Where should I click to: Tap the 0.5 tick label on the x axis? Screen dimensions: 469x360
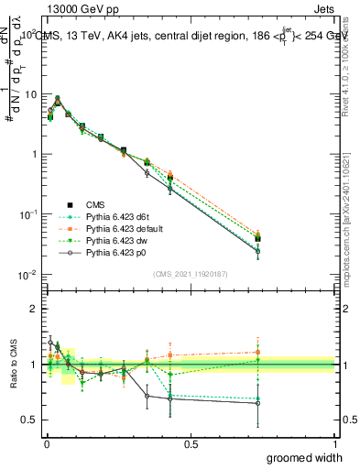click(191, 443)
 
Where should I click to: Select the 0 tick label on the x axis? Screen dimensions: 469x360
click(46, 443)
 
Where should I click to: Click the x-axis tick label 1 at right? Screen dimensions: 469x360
click(335, 443)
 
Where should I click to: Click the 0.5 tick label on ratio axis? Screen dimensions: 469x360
click(30, 420)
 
